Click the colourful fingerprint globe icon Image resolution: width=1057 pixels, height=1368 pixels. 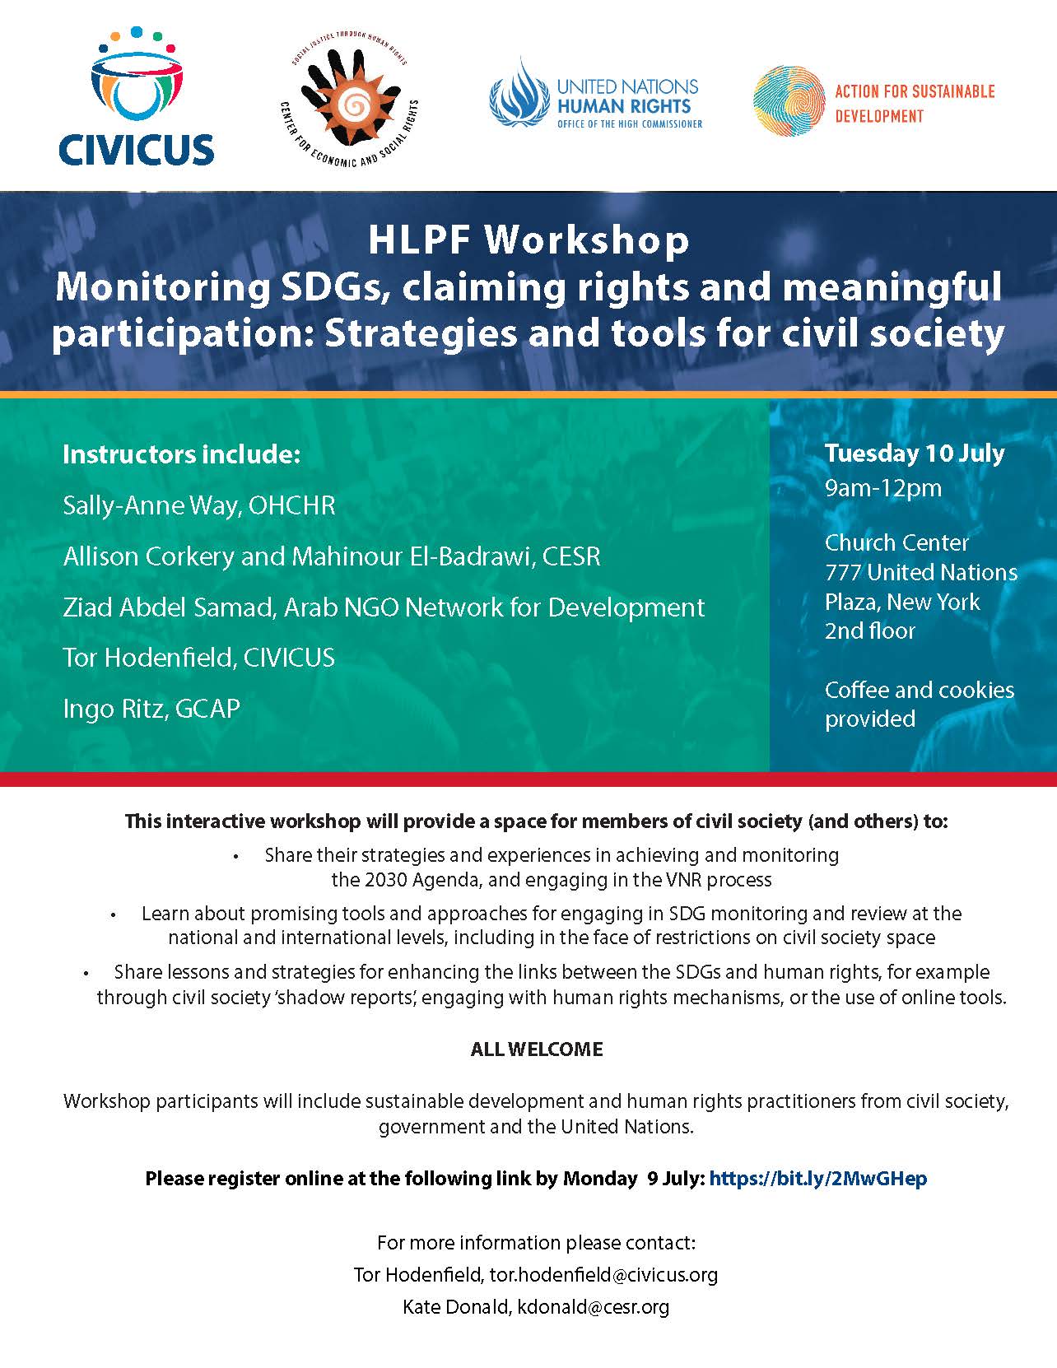tap(788, 101)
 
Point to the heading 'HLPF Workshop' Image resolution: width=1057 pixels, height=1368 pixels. tap(528, 240)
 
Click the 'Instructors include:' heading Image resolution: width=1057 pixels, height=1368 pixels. tap(181, 454)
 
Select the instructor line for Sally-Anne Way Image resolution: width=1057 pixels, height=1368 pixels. tap(198, 505)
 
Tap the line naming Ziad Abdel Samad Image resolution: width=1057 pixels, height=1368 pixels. tap(384, 607)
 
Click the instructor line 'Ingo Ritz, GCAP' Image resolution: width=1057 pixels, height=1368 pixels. tap(151, 709)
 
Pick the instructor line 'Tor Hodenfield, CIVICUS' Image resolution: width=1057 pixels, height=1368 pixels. tap(198, 658)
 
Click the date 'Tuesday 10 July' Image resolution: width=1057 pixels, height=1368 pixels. tap(915, 454)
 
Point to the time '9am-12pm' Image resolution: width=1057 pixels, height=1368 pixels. tap(882, 488)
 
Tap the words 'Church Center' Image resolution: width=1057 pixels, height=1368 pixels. tap(896, 543)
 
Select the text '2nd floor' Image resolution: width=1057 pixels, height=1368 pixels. tap(870, 631)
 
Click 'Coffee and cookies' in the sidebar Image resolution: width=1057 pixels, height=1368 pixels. tap(919, 690)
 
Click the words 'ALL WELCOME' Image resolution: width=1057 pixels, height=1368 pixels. tap(537, 1049)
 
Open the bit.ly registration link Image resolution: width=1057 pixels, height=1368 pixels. tap(817, 1179)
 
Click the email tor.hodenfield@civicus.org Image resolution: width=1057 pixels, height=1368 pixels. tap(603, 1275)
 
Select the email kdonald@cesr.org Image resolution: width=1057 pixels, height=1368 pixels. tap(593, 1306)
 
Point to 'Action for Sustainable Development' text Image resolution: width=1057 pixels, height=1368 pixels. tap(915, 103)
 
